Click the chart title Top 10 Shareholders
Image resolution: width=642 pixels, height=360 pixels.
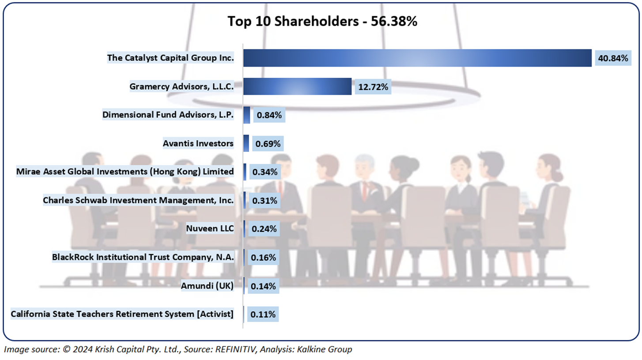[322, 21]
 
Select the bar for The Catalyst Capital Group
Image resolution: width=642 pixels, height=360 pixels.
[417, 58]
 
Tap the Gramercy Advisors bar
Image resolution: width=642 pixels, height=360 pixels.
[297, 87]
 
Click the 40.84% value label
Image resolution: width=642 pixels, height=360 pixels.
[612, 58]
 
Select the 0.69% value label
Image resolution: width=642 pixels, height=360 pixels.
[267, 144]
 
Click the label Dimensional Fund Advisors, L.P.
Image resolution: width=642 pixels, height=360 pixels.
[168, 115]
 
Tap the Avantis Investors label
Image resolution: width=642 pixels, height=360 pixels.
[198, 143]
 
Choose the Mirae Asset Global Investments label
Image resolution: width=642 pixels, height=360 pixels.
[125, 171]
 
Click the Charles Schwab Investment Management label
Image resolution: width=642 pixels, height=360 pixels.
[138, 200]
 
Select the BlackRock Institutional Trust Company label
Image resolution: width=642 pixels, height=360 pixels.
[143, 257]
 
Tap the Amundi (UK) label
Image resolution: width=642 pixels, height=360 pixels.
[207, 286]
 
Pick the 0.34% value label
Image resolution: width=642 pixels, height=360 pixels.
[264, 172]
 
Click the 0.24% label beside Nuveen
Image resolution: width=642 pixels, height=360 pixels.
[264, 229]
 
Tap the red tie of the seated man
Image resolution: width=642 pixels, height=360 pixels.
[364, 190]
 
